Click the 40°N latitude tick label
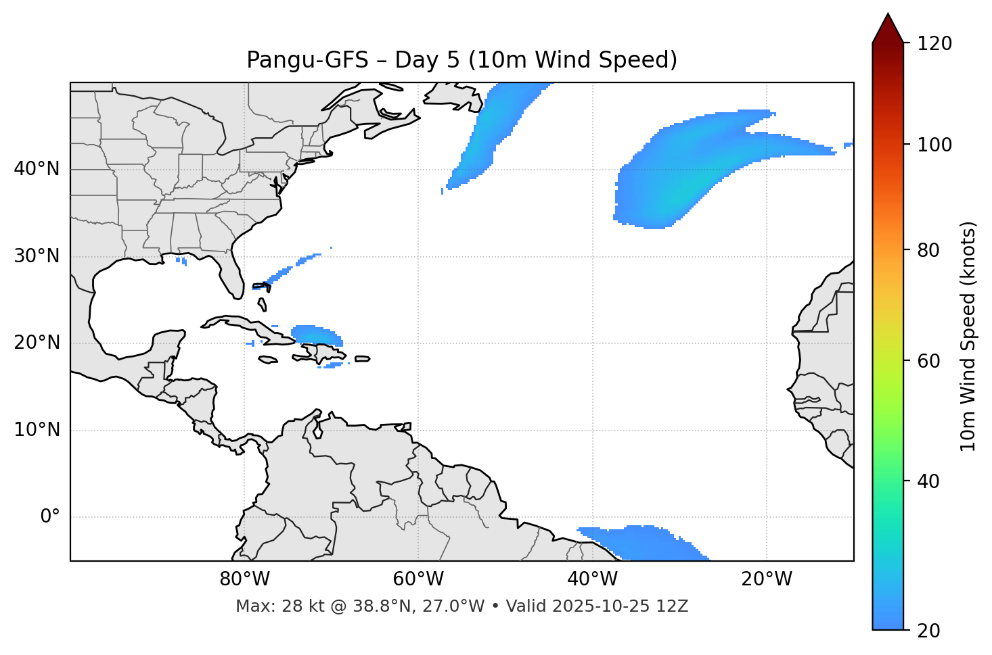click(37, 169)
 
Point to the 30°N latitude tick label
click(37, 256)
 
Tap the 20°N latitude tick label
click(37, 343)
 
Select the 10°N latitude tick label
click(37, 430)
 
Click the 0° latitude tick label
click(50, 517)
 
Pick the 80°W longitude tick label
click(244, 579)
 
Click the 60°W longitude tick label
click(418, 579)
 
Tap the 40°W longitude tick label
click(592, 579)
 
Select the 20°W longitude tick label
click(766, 579)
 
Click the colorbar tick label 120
click(934, 44)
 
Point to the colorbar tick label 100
click(934, 145)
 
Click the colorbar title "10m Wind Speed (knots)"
click(968, 336)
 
